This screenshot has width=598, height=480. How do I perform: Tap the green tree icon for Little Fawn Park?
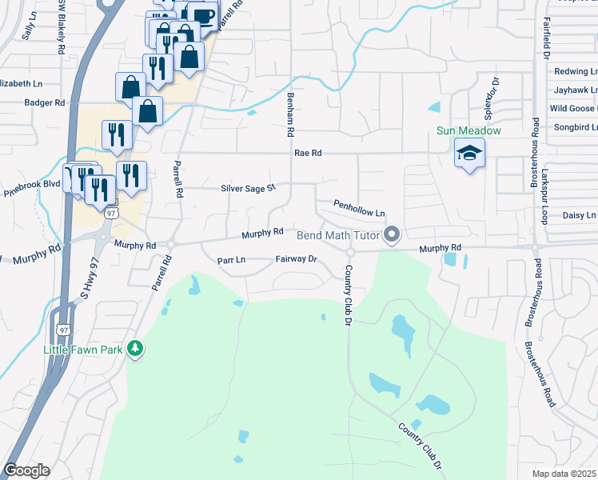tap(136, 349)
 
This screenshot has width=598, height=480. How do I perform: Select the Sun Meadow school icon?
tap(469, 152)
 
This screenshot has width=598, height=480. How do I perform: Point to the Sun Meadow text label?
tap(468, 130)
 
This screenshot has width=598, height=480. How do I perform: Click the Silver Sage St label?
tap(248, 189)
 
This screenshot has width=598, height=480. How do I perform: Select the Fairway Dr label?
tap(297, 259)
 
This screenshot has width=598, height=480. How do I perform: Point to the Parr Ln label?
tap(231, 260)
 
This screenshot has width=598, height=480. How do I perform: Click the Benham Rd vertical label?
tap(290, 113)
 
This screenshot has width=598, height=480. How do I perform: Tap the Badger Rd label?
tap(44, 102)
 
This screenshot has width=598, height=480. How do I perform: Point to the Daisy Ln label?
tap(580, 216)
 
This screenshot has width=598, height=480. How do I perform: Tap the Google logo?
tap(26, 470)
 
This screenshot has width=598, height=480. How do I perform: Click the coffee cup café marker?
tap(203, 16)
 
